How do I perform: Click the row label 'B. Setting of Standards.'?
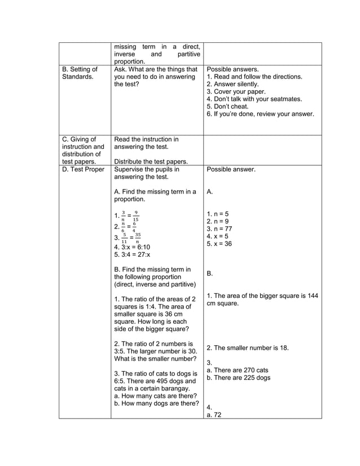click(79, 73)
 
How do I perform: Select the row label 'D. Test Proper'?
click(82, 169)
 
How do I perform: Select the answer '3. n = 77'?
click(219, 229)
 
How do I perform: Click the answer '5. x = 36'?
click(219, 244)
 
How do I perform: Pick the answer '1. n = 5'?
click(218, 214)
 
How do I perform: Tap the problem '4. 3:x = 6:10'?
click(132, 247)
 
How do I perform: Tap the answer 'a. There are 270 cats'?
click(238, 370)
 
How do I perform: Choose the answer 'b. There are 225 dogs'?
click(239, 377)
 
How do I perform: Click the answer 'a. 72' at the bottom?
click(213, 415)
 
